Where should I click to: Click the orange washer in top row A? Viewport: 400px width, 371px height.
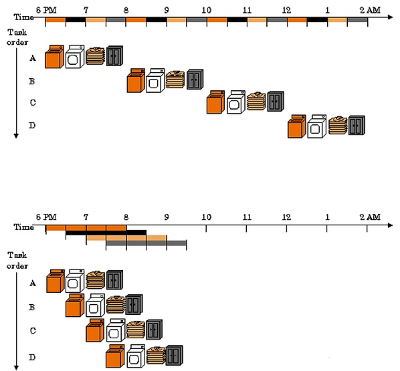(54, 57)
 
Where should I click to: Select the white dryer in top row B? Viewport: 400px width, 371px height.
(155, 80)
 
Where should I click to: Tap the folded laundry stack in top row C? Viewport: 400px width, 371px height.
(256, 101)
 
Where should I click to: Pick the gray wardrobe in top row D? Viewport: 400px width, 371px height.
(357, 125)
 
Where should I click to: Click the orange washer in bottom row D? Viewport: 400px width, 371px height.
(115, 356)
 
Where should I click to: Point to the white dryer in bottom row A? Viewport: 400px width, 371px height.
(75, 281)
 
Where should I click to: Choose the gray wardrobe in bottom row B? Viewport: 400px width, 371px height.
(134, 304)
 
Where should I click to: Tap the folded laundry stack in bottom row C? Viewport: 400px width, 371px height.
(136, 330)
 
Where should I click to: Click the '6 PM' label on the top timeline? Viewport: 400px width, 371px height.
(46, 10)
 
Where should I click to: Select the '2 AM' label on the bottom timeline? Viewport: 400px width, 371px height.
(370, 217)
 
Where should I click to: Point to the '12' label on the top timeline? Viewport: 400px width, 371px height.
(286, 10)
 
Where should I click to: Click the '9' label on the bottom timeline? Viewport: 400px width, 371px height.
(167, 217)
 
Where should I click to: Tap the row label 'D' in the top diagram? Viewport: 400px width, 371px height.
(32, 126)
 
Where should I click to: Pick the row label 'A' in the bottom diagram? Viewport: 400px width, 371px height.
(32, 283)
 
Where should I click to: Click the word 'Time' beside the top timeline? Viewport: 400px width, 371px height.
(23, 17)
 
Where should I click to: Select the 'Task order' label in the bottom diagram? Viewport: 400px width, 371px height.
(17, 260)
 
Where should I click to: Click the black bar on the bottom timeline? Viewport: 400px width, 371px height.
(106, 233)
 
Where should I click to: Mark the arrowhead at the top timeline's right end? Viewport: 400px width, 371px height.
(391, 17)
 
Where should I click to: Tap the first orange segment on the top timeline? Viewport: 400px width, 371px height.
(56, 19)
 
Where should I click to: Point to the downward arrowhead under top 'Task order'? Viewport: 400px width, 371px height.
(16, 136)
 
